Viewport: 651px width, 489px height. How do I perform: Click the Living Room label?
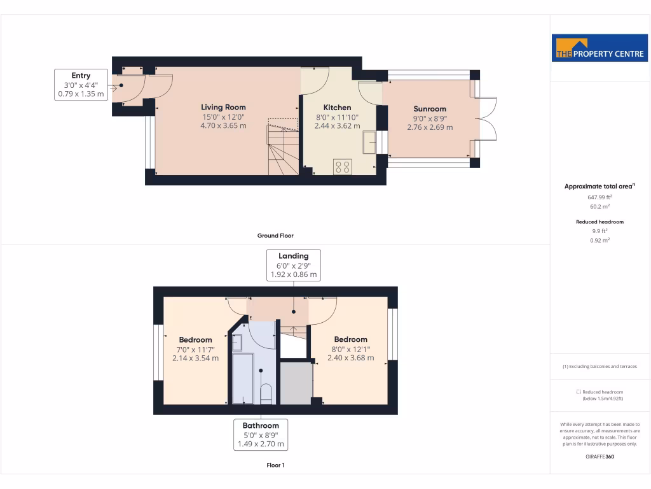pos(223,107)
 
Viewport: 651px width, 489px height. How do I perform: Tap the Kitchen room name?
pos(337,108)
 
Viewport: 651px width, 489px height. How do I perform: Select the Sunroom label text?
pos(430,109)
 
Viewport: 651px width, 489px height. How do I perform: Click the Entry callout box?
pos(81,85)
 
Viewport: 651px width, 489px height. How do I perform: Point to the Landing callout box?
pos(293,265)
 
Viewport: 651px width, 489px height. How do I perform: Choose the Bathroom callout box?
pos(261,434)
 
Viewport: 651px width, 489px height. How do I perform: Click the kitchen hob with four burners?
pos(343,166)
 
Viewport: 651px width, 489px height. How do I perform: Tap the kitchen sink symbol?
pos(369,142)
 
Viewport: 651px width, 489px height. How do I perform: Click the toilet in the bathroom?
pos(267,393)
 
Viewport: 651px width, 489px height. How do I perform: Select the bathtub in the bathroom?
pos(242,378)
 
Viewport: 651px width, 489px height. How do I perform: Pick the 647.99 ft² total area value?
pos(600,197)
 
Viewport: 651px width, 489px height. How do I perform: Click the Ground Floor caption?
pos(275,236)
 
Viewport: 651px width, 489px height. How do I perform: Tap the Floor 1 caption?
pos(275,465)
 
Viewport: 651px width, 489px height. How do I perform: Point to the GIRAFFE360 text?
pos(600,456)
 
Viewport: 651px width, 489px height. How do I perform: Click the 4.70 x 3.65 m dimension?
pos(224,126)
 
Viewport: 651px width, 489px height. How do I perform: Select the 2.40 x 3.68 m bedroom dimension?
pos(350,358)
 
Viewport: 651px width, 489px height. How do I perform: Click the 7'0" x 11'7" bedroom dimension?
pos(195,349)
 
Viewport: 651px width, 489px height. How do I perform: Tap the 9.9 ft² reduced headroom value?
pos(600,231)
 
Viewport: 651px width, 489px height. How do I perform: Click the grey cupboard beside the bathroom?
pos(296,382)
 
